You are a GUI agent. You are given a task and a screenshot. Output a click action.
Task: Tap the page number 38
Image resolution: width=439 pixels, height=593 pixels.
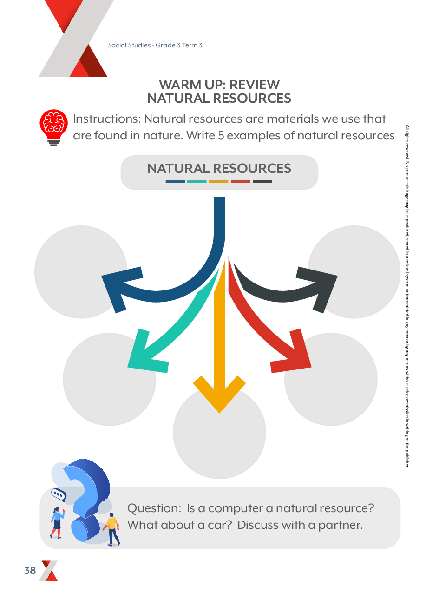point(30,571)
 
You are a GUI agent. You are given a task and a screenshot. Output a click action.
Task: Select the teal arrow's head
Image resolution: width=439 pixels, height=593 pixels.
point(144,353)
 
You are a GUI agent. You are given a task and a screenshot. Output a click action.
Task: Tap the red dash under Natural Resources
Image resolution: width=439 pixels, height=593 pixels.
point(241,181)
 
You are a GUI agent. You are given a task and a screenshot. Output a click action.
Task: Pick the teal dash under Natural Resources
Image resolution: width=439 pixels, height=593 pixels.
point(197,181)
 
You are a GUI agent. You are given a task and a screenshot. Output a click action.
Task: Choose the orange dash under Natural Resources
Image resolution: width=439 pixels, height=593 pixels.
point(219,181)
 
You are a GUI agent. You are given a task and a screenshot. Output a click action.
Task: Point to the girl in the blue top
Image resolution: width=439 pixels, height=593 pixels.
point(57,522)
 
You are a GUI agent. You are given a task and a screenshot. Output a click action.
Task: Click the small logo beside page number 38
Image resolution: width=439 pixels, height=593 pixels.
point(49,571)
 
